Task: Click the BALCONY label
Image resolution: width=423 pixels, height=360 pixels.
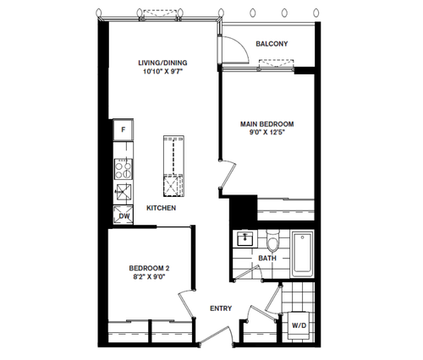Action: (272, 44)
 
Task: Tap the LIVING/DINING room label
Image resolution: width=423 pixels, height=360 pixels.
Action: (162, 63)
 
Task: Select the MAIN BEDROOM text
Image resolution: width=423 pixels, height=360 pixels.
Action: (266, 124)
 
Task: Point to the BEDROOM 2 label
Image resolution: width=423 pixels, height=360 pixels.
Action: (149, 268)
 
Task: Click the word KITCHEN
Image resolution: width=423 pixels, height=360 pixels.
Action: (162, 208)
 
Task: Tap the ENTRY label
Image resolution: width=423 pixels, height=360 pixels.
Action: (221, 308)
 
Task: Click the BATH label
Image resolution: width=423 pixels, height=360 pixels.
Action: (267, 258)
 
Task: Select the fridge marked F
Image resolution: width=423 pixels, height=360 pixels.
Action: (124, 130)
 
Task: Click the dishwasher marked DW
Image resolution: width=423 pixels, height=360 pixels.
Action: (124, 215)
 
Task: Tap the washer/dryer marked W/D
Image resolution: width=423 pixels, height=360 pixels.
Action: (299, 325)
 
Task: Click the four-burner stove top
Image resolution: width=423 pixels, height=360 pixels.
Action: (124, 169)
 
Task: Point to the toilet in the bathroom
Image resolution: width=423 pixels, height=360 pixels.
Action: (273, 242)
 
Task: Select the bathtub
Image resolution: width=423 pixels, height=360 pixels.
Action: (303, 254)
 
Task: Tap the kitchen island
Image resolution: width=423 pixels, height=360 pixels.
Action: (173, 166)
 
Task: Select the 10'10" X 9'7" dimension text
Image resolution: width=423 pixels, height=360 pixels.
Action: (163, 71)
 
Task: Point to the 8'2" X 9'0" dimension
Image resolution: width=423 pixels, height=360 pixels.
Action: (149, 276)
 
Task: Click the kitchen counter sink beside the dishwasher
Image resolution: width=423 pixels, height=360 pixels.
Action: (124, 192)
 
